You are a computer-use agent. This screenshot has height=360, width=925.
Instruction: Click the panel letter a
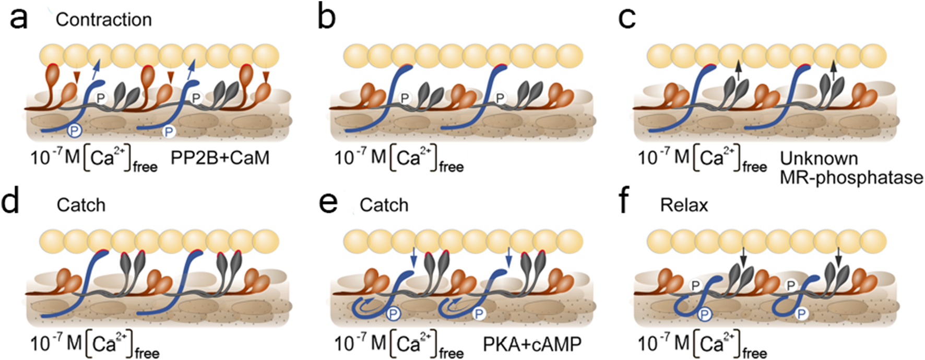coord(19,19)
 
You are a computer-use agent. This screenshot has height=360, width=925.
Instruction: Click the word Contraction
coord(103,20)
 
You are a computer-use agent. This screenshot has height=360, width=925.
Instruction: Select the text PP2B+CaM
coord(220,158)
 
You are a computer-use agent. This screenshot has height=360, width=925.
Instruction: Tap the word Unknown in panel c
coord(819,159)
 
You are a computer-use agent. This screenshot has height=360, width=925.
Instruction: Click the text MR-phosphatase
coord(851,177)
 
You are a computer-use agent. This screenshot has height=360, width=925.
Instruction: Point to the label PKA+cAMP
coord(531,344)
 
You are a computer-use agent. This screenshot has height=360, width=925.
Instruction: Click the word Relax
coord(684,205)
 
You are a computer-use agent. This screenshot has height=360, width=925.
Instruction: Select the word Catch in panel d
coord(81,205)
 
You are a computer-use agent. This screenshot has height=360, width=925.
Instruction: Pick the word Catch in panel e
coord(384,205)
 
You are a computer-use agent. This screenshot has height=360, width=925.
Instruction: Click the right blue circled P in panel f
coord(801,314)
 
